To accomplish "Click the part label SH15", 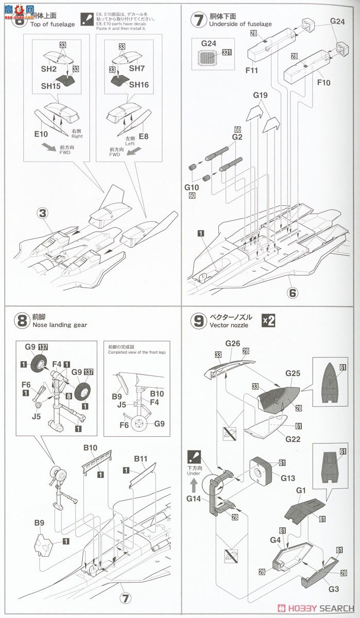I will [x=48, y=86].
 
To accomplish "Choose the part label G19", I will [x=261, y=95].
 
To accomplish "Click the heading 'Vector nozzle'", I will [x=229, y=325].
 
